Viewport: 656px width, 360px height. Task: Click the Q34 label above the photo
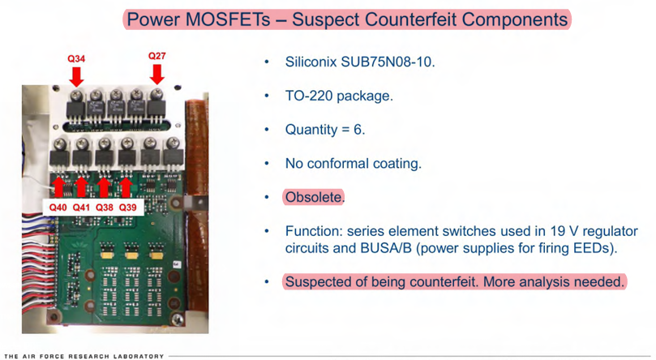[x=76, y=58]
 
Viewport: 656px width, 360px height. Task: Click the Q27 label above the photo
[x=156, y=56]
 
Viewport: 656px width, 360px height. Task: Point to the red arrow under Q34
[x=76, y=75]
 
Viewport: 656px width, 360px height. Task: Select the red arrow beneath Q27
[x=156, y=74]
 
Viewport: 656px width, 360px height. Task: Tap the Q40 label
[x=57, y=208]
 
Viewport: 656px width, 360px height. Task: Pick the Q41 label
[x=81, y=208]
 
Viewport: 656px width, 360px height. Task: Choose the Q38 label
[x=105, y=208]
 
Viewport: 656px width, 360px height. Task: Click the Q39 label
[x=128, y=208]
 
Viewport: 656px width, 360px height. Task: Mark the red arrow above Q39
[x=126, y=186]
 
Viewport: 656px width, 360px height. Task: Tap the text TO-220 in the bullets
[x=308, y=96]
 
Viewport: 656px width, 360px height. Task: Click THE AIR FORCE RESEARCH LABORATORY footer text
[x=84, y=355]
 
